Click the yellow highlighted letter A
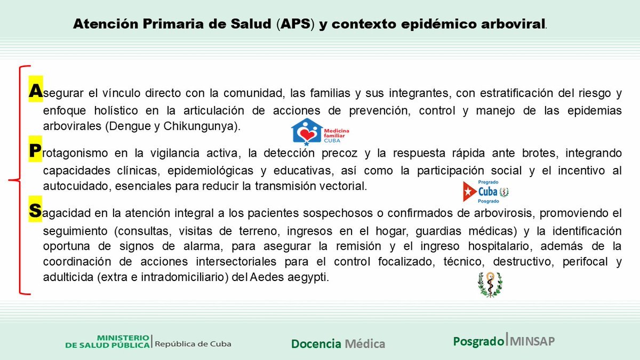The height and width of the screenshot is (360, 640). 35,91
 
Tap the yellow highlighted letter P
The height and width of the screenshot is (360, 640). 35,151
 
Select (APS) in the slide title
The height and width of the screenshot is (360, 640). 297,24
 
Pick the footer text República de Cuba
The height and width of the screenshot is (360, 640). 193,344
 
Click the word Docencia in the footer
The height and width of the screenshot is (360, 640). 316,344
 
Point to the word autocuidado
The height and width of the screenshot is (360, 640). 68,187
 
